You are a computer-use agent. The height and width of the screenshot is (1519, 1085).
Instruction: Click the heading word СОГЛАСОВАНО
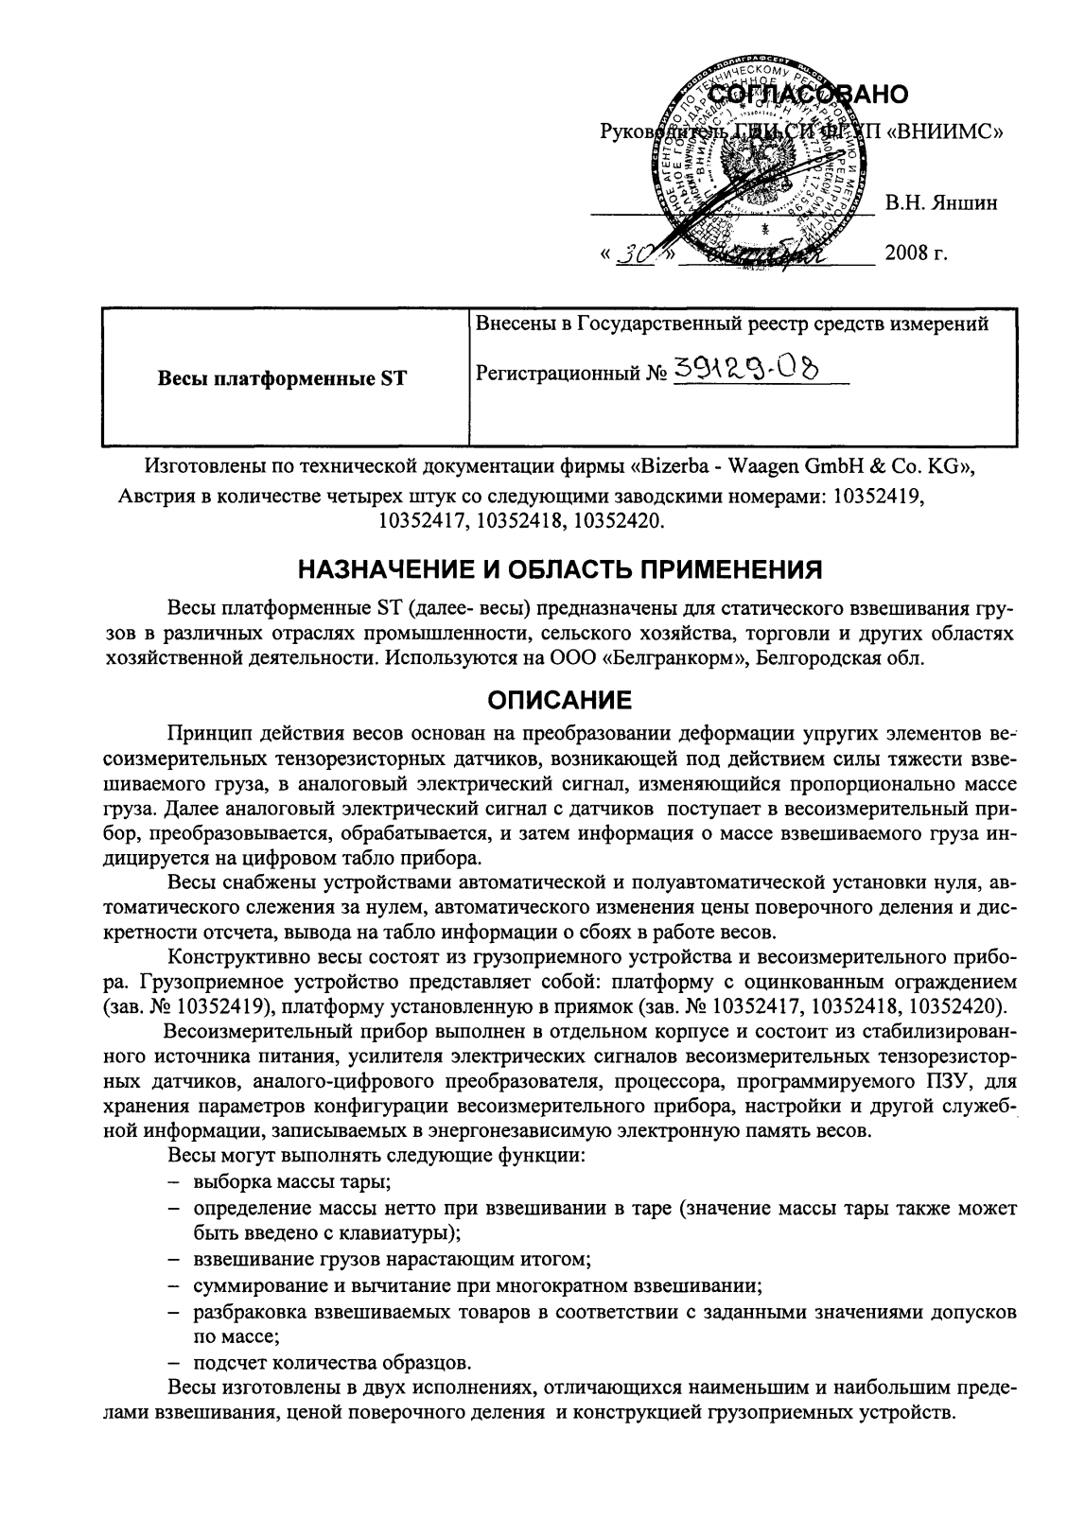[x=808, y=95]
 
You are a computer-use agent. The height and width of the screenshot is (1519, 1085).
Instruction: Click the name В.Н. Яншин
[x=940, y=202]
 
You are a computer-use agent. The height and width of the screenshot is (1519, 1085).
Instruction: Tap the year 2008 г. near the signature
[x=916, y=253]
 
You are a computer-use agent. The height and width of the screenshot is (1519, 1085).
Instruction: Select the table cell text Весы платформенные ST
[x=282, y=379]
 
